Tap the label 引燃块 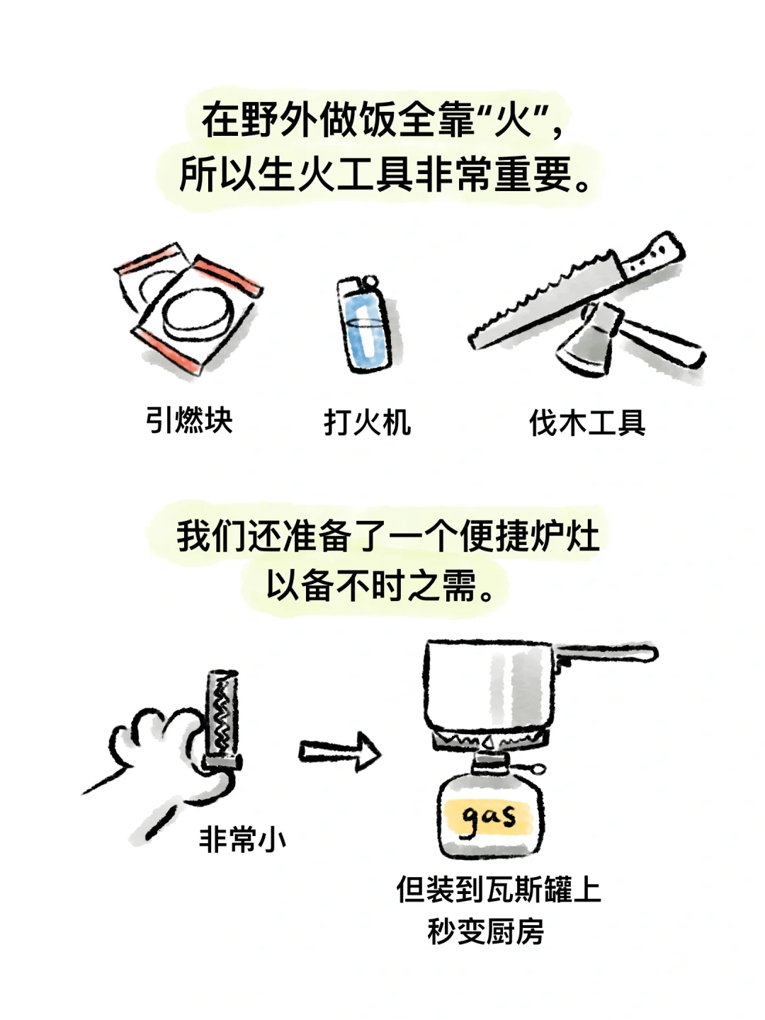(x=189, y=420)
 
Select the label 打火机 (x=368, y=423)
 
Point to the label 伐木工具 (x=587, y=423)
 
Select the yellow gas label (x=487, y=818)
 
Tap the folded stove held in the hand (x=222, y=721)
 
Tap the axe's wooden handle (x=660, y=342)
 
